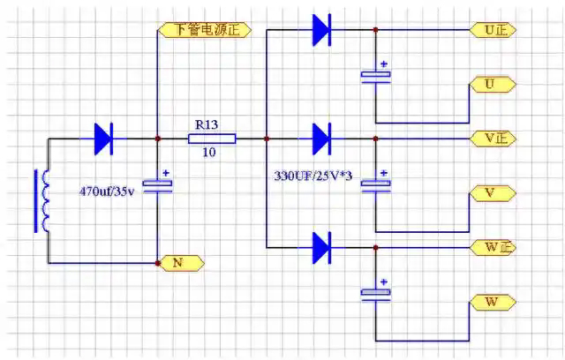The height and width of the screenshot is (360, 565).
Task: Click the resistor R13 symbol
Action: click(212, 139)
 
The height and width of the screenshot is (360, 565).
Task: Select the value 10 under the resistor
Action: click(210, 153)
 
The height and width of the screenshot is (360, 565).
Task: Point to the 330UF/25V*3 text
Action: click(313, 176)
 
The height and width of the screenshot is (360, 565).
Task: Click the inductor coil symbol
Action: click(41, 201)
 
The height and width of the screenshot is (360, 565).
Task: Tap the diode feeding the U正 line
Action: click(320, 30)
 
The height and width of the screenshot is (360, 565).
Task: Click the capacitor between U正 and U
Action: click(375, 76)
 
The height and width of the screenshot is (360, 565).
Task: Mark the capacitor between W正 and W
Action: click(375, 294)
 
